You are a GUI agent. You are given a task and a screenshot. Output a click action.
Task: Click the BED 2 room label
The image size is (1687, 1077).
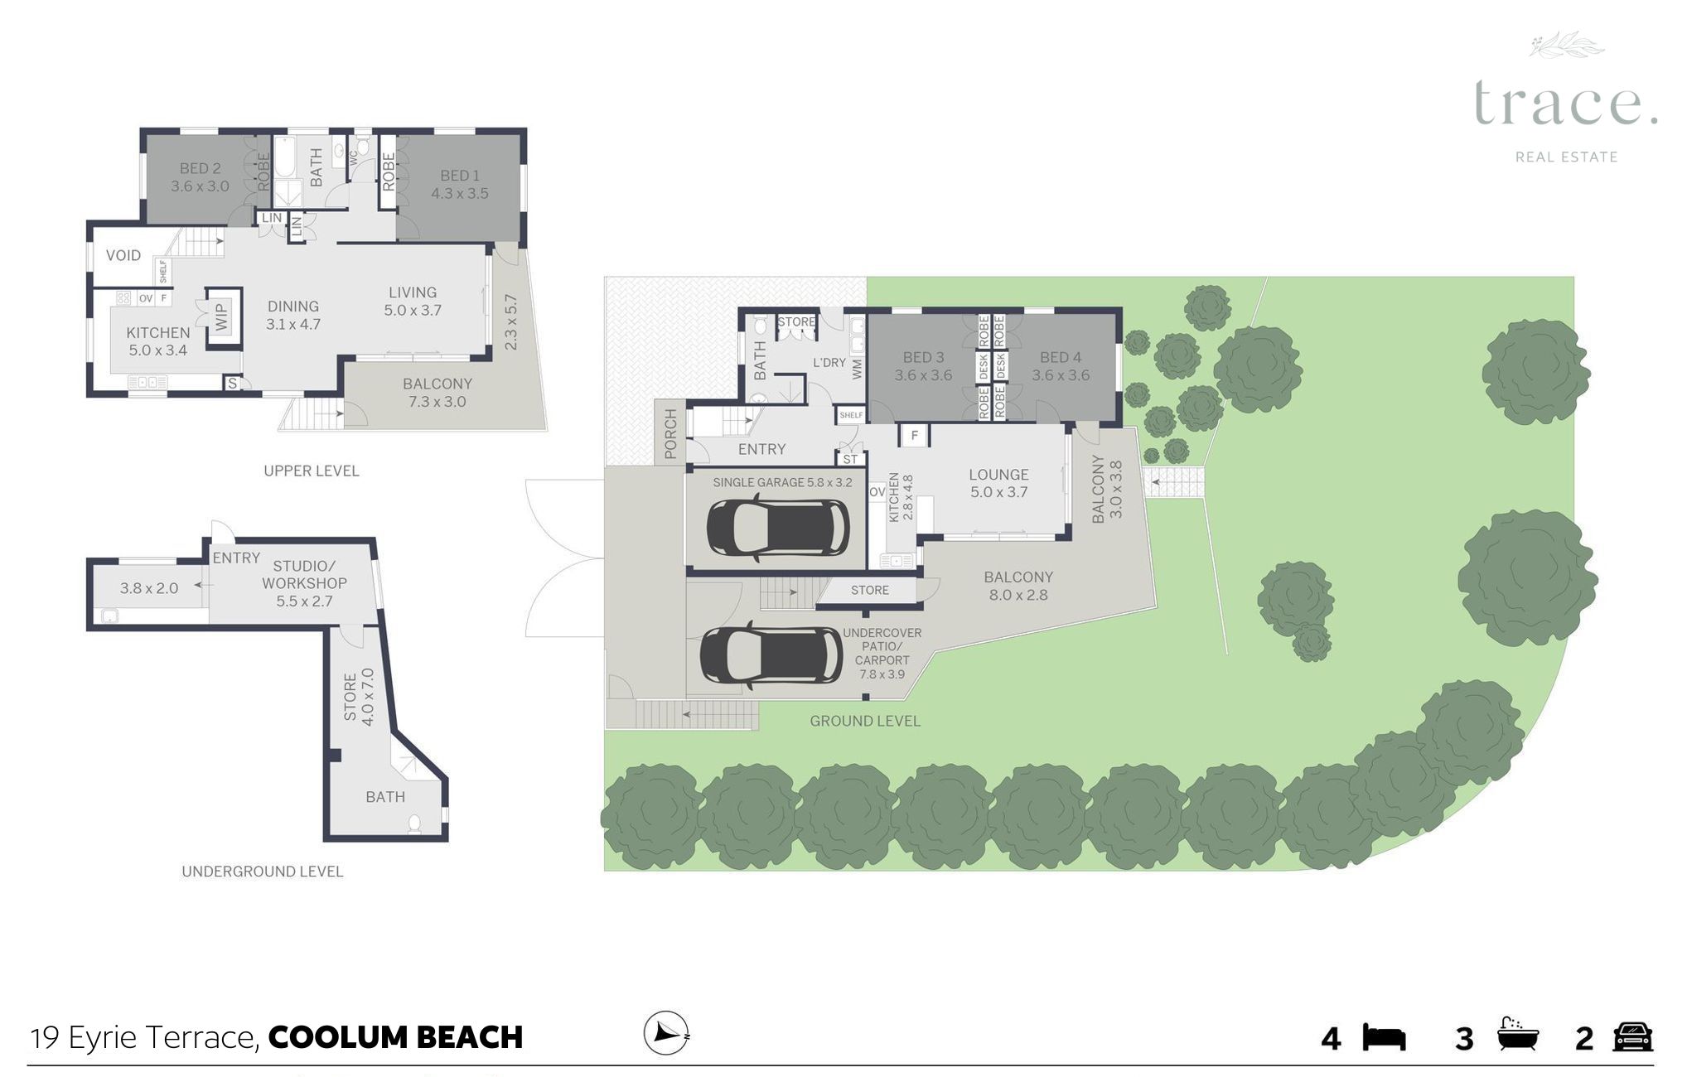(x=201, y=168)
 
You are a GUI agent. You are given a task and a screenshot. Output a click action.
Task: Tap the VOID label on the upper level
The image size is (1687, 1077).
(x=123, y=255)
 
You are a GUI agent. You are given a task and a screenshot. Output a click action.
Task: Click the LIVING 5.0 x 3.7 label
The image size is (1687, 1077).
(x=413, y=302)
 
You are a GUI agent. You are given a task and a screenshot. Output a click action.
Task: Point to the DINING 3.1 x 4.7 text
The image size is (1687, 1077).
(x=293, y=316)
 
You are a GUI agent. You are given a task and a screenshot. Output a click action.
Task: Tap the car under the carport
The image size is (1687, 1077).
(x=771, y=655)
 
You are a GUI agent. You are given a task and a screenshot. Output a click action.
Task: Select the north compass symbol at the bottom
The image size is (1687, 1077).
(x=666, y=1033)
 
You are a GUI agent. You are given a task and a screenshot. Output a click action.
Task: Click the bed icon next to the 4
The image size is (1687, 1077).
(x=1385, y=1038)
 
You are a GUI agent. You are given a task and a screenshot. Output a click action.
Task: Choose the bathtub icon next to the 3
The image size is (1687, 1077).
(x=1518, y=1035)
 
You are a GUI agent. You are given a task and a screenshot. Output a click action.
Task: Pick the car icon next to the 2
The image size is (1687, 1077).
(x=1632, y=1036)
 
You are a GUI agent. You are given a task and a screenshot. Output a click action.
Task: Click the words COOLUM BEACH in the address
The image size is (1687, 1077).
(x=395, y=1037)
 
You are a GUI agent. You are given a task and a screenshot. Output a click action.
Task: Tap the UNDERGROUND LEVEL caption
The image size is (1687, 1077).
(x=262, y=872)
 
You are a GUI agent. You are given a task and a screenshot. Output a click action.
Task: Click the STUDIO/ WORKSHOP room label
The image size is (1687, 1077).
(x=304, y=575)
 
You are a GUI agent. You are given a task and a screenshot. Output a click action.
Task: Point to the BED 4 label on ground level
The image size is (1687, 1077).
(x=1061, y=358)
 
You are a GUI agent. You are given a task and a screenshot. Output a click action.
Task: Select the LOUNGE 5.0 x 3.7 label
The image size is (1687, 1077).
(x=998, y=483)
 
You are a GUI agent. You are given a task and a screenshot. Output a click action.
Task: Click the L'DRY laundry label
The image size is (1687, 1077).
(x=829, y=362)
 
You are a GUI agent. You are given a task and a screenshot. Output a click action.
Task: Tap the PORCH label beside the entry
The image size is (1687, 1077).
(x=670, y=434)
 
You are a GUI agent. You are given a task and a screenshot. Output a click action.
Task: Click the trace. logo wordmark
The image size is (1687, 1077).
(x=1565, y=104)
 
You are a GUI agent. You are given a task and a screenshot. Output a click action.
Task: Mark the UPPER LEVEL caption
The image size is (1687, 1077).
(x=312, y=471)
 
